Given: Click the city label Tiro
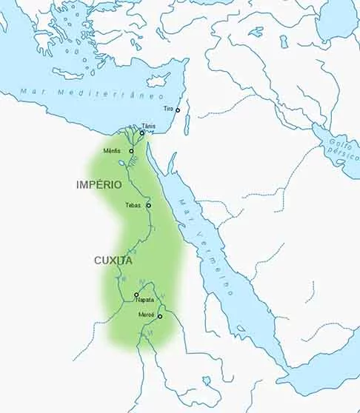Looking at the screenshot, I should click(168, 109).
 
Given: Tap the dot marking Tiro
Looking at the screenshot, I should click(178, 110).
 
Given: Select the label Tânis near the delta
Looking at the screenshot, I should click(149, 127).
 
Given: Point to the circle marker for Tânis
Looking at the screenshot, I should click(142, 133).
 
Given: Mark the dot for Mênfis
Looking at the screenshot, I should click(131, 151).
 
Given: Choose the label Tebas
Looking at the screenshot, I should click(134, 205).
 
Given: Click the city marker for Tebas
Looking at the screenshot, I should click(148, 205).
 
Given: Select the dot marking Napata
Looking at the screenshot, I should click(136, 295).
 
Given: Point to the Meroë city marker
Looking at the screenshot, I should click(159, 316).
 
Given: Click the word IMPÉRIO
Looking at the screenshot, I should click(99, 184).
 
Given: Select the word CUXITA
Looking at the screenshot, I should click(113, 261).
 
